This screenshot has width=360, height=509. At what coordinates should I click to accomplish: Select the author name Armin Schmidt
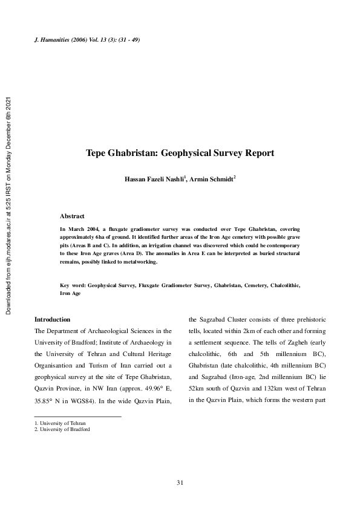click(211, 180)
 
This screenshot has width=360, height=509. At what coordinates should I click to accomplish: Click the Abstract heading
click(72, 216)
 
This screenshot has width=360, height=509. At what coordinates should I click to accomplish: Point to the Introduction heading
click(52, 319)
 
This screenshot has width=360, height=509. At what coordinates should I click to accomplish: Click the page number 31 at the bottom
click(180, 482)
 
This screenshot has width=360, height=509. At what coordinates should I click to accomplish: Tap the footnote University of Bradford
click(63, 429)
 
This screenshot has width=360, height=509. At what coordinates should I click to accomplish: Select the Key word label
click(72, 284)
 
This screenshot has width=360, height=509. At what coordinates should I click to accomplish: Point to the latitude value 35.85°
click(44, 401)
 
